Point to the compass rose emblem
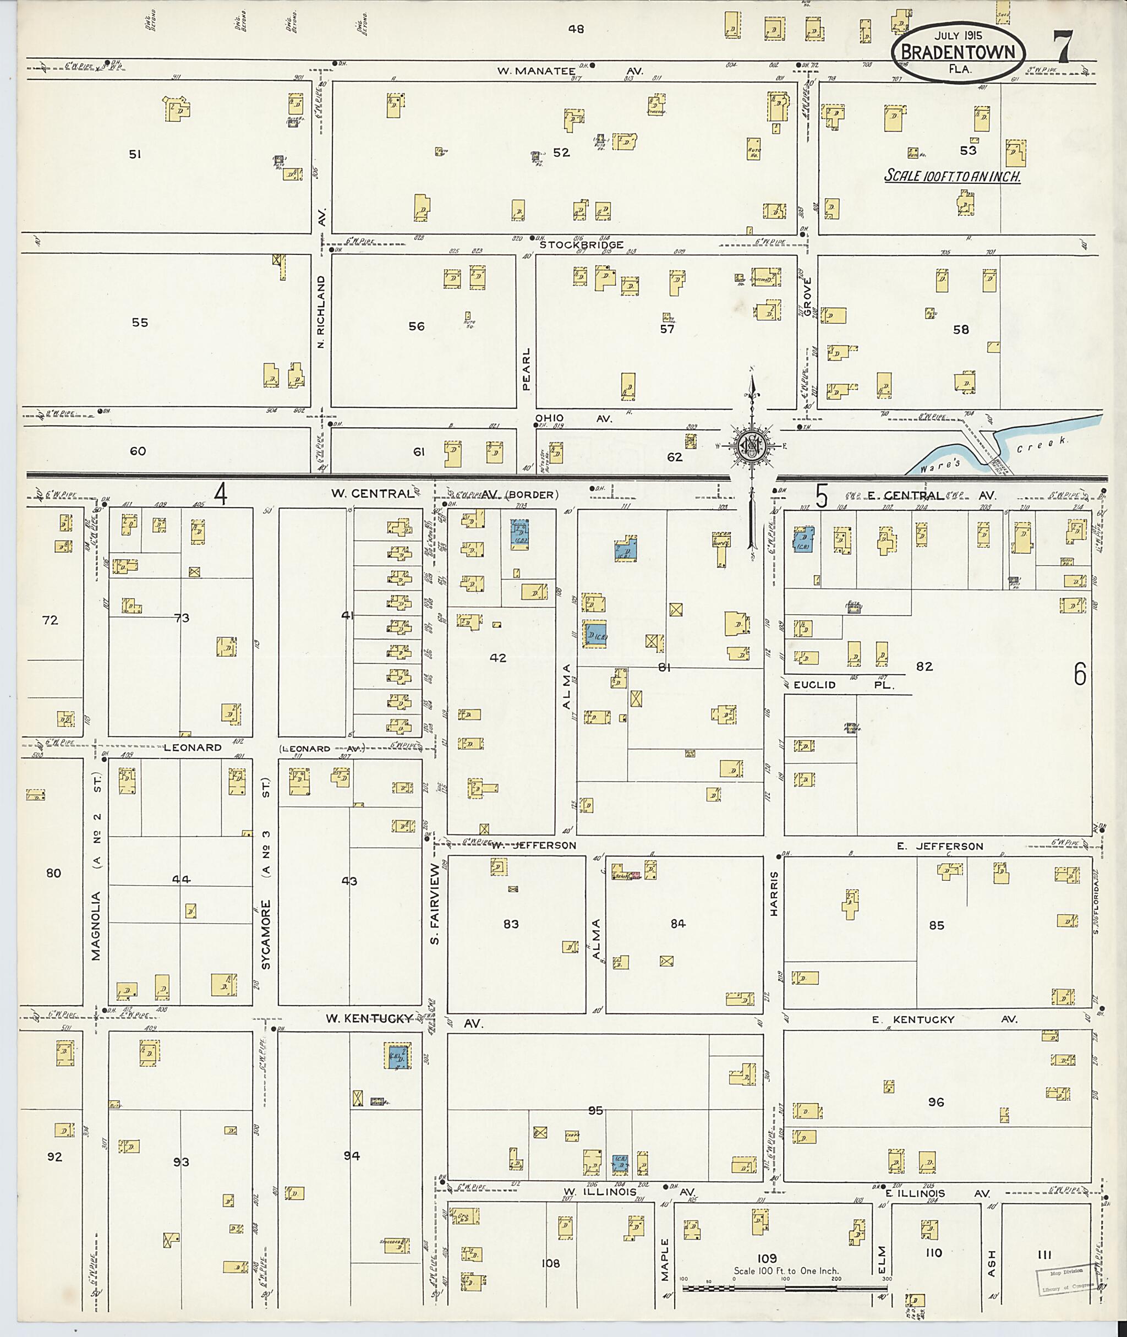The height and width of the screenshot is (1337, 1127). pyautogui.click(x=752, y=445)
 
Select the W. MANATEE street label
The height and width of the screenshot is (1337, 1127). pyautogui.click(x=536, y=71)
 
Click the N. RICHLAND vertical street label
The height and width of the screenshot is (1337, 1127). pyautogui.click(x=321, y=311)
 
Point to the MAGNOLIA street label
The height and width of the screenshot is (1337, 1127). pyautogui.click(x=96, y=914)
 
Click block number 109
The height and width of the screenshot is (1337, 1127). pyautogui.click(x=767, y=1258)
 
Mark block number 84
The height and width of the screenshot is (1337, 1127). pyautogui.click(x=677, y=924)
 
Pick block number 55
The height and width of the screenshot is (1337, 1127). pyautogui.click(x=139, y=323)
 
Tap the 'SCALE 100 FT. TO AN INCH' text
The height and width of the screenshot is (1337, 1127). pyautogui.click(x=952, y=176)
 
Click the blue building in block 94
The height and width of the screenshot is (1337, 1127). pyautogui.click(x=397, y=1055)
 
